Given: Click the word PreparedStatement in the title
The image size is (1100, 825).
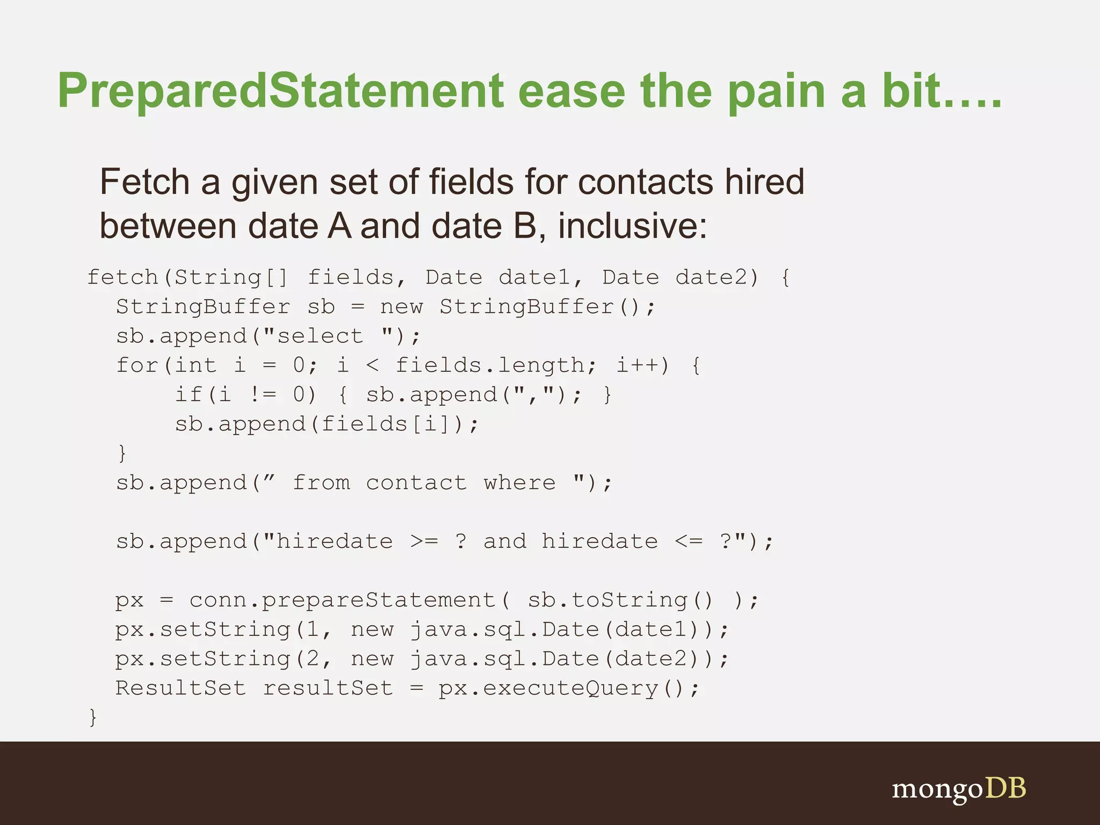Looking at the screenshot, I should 280,91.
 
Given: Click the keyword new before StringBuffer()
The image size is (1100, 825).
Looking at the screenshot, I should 401,307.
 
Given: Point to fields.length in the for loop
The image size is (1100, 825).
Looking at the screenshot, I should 490,366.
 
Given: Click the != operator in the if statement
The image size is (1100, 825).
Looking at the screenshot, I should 263,395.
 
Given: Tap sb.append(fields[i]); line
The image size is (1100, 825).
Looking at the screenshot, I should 327,424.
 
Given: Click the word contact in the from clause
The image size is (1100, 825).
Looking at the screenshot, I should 416,483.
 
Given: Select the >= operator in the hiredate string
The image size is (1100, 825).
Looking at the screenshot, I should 424,541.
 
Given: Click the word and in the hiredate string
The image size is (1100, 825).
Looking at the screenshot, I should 504,541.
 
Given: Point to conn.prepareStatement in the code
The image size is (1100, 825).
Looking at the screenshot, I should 342,600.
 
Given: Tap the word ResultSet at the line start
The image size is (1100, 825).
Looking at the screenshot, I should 180,688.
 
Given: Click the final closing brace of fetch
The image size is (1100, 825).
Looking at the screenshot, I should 93,717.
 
